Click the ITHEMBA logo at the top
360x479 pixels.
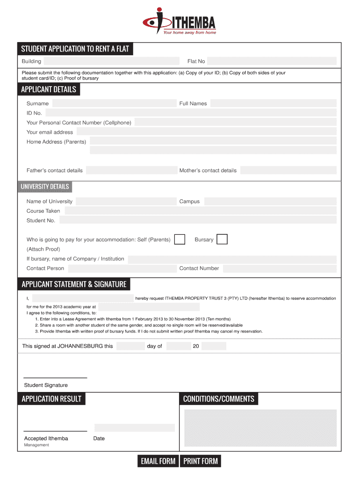pos(180,21)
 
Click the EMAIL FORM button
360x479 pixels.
pos(158,461)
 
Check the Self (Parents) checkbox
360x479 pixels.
pos(180,239)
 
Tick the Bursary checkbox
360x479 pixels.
pos(223,239)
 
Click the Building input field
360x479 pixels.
pos(111,61)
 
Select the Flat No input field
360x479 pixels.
pos(272,61)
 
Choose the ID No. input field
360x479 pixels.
pos(191,113)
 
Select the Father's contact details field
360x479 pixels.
pos(131,170)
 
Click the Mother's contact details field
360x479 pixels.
pos(288,170)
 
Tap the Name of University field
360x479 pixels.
pos(126,202)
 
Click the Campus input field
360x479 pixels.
pos(270,202)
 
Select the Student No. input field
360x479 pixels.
pos(198,220)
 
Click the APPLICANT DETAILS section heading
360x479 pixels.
pos(49,89)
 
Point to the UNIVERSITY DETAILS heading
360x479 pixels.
pos(45,187)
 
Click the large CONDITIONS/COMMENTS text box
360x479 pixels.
pos(260,428)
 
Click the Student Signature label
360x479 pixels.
pos(46,385)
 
